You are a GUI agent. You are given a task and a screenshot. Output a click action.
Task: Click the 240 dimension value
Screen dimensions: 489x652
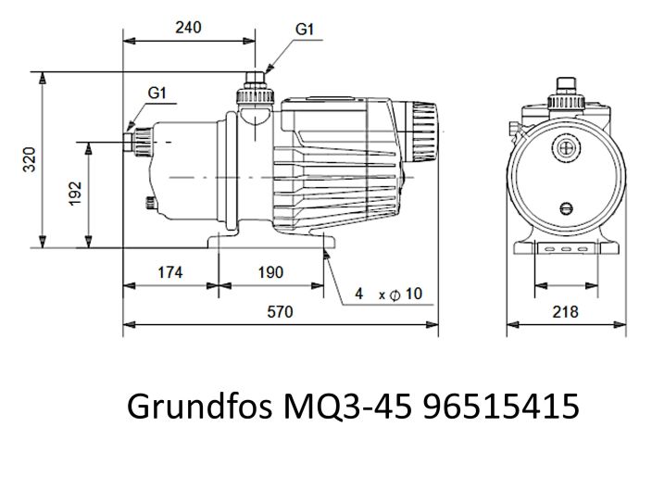tap(189, 28)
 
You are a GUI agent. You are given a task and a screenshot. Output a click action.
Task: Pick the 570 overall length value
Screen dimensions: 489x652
tap(280, 312)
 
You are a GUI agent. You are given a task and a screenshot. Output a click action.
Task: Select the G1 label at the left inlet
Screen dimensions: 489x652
tap(157, 93)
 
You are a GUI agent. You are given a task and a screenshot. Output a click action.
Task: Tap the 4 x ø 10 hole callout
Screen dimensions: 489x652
tap(389, 294)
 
